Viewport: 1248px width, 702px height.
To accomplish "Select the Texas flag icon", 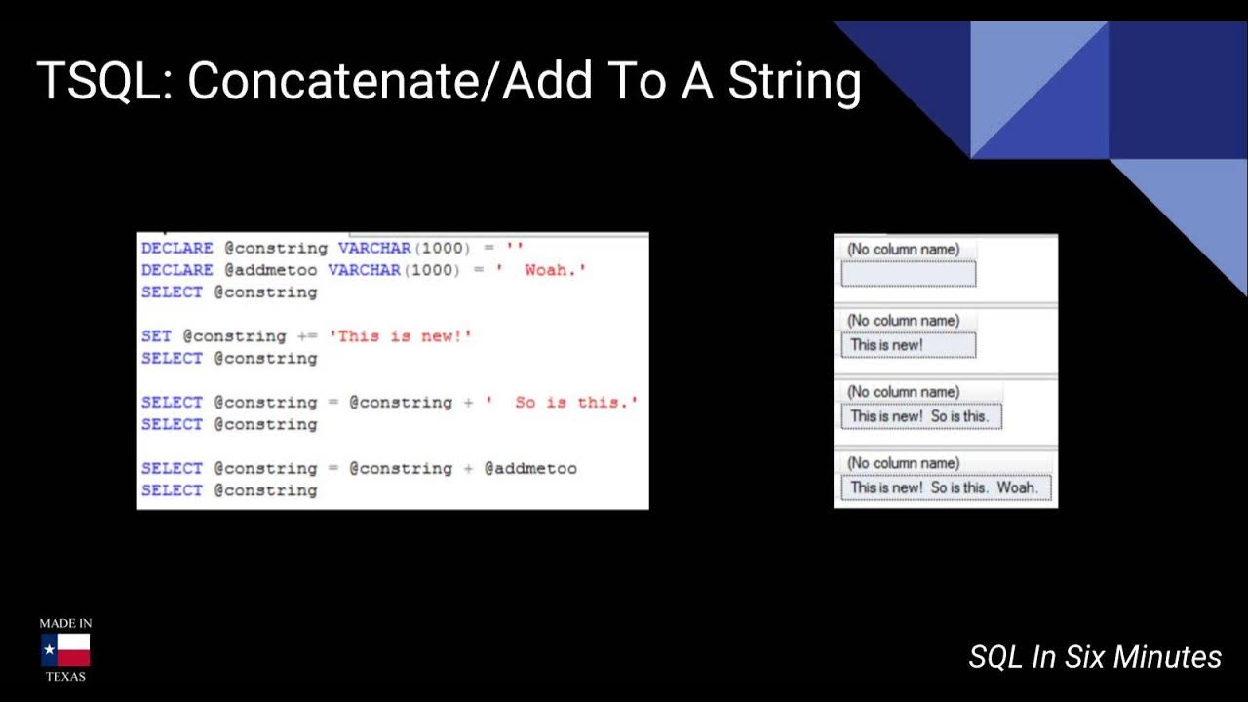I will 65,649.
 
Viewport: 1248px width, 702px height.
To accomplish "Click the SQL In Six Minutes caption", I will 1095,657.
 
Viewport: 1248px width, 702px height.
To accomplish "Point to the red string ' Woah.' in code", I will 540,270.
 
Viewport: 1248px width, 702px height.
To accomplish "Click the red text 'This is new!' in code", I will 401,336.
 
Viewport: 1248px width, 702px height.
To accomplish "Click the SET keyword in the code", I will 156,336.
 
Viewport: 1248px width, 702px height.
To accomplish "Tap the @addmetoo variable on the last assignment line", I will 530,468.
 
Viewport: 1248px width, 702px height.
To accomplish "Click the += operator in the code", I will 307,336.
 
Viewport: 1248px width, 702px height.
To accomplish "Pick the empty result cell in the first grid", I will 908,274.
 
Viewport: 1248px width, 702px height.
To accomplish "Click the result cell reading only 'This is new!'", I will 908,345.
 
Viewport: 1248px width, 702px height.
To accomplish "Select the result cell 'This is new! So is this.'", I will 920,416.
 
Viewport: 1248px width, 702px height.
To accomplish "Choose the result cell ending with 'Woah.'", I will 945,487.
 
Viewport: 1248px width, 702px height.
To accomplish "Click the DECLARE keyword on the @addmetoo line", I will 176,270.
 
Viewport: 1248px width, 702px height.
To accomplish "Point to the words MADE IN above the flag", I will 65,623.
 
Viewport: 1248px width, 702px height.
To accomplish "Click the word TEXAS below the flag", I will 65,676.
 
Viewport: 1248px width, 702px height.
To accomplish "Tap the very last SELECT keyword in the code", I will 172,490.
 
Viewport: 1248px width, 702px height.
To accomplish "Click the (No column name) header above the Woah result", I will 903,463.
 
